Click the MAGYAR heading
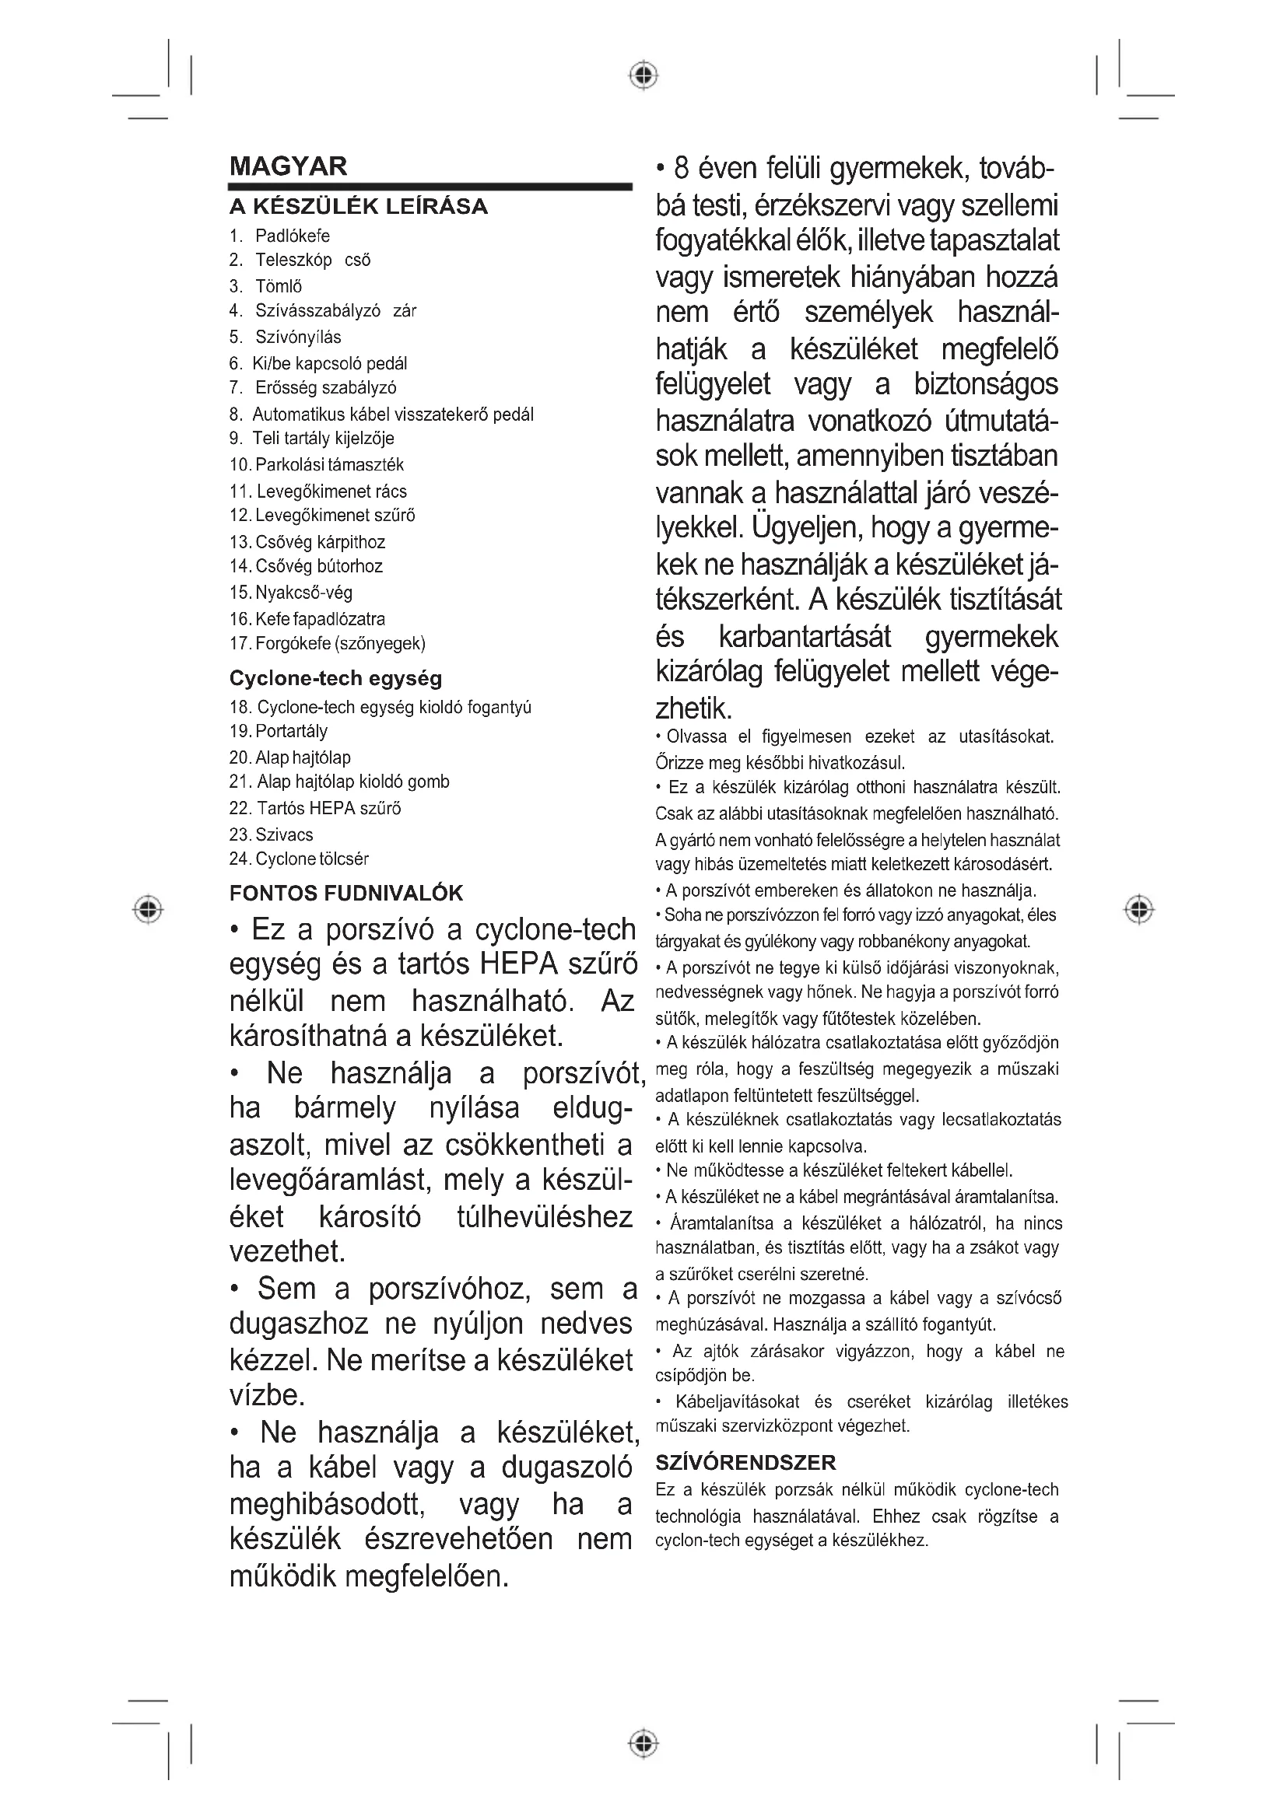click(x=288, y=166)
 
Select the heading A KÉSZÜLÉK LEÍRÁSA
click(x=358, y=207)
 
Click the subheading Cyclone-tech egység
click(x=335, y=678)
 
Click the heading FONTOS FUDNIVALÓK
click(x=345, y=894)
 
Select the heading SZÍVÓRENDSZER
click(x=745, y=1463)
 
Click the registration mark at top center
click(x=644, y=75)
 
